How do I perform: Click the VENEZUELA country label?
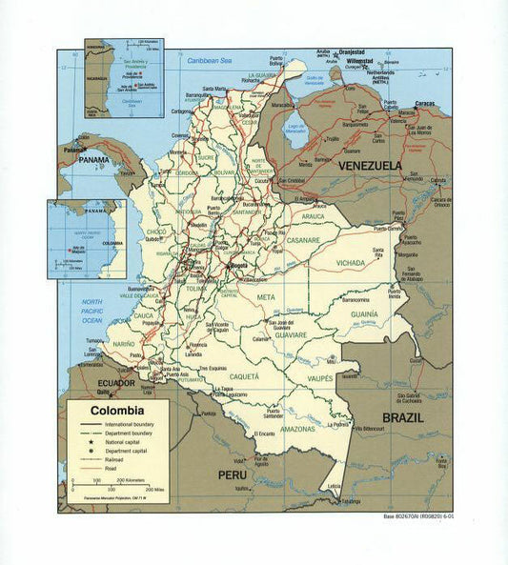tap(366, 165)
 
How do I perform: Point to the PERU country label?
tap(233, 474)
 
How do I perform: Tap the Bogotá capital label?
tap(239, 267)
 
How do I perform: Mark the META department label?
tap(268, 298)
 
